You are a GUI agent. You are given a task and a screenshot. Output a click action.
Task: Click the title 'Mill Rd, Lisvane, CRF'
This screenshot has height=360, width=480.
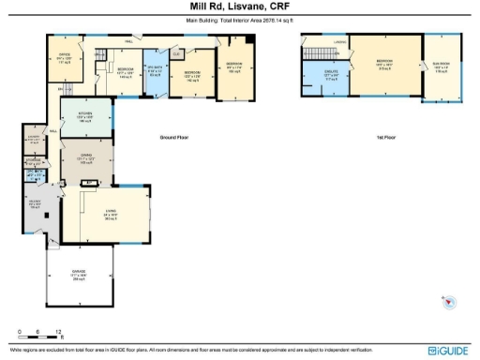[239, 7]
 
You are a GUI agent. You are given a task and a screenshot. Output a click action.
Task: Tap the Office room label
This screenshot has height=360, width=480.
[65, 59]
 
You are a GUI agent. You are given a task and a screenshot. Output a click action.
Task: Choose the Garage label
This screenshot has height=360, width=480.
[79, 276]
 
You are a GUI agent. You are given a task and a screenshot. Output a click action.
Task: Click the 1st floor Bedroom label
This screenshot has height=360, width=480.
[383, 67]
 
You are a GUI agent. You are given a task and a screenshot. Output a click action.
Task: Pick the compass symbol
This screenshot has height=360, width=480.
[449, 302]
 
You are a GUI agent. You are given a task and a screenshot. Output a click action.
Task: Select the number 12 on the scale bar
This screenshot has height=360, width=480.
[59, 333]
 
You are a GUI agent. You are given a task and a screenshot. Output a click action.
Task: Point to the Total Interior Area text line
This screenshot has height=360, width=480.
[239, 19]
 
